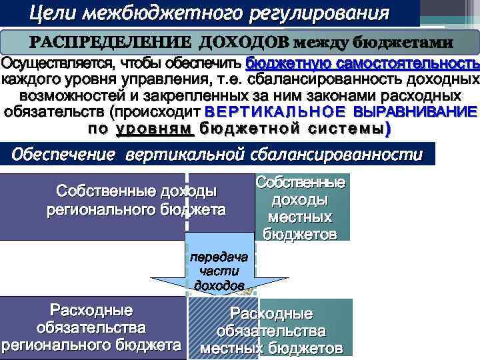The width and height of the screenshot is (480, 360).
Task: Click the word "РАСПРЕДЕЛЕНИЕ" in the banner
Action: pyautogui.click(x=111, y=41)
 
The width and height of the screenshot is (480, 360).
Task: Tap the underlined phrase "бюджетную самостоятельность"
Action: pyautogui.click(x=362, y=64)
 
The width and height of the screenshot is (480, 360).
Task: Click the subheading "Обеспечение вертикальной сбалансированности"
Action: pyautogui.click(x=217, y=155)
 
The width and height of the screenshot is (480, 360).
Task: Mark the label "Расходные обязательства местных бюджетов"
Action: pyautogui.click(x=271, y=331)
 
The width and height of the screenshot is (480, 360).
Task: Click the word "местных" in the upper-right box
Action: pyautogui.click(x=300, y=217)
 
